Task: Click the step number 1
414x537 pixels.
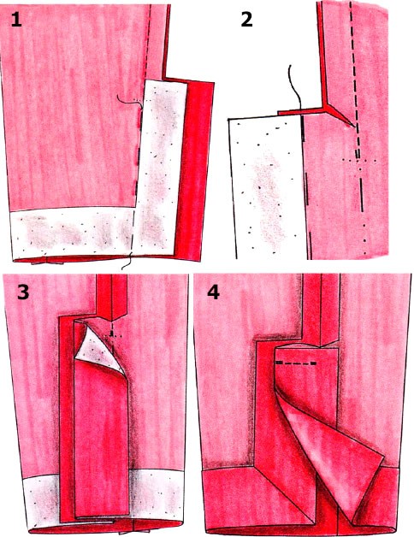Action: (16, 20)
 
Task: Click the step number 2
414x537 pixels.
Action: (246, 20)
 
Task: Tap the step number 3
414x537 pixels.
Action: (23, 292)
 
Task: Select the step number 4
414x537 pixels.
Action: (214, 292)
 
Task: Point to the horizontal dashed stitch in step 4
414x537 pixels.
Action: (296, 363)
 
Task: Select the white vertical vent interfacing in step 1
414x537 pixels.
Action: (161, 168)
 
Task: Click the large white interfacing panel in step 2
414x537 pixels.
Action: (268, 186)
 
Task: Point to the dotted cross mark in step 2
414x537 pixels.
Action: (359, 160)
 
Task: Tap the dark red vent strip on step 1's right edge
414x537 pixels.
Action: (194, 171)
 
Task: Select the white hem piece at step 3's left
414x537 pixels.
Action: (41, 500)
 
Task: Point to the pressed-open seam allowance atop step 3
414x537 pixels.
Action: (112, 297)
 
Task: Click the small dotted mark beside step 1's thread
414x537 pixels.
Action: (137, 100)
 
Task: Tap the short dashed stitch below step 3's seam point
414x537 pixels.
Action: (112, 333)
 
